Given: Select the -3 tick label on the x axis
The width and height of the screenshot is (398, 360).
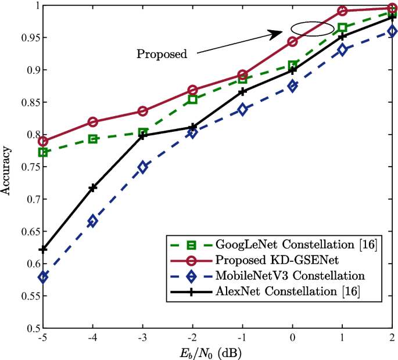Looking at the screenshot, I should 142,338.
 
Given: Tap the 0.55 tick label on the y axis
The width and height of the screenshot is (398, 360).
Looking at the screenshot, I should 26,296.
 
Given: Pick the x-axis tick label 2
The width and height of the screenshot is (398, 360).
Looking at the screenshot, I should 392,338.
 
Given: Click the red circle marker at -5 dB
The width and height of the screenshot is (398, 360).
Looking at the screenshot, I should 43,141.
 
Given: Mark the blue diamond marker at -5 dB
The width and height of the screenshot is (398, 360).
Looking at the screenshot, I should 43,277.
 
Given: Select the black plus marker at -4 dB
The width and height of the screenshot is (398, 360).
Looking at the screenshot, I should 93,188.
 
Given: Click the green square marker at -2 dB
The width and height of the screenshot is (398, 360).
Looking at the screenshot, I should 193,99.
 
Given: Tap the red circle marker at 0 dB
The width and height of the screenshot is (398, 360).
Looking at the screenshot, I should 293,42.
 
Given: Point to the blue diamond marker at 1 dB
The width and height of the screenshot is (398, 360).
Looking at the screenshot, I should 343,50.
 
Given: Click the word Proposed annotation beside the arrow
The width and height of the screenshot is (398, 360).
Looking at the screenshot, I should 162,55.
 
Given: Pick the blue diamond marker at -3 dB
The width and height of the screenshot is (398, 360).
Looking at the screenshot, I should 143,167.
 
